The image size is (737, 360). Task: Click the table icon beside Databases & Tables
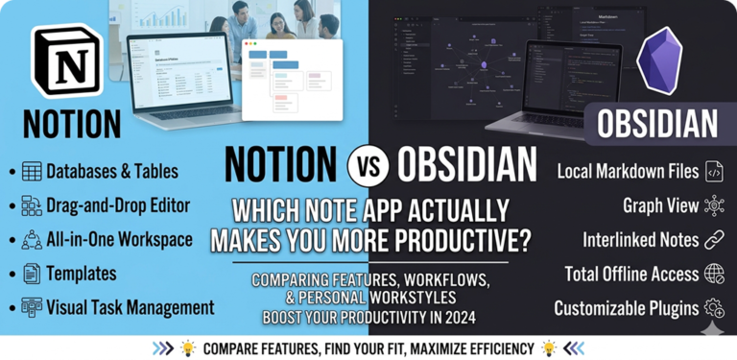coord(32,172)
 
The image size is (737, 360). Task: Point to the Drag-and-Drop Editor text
coord(118,204)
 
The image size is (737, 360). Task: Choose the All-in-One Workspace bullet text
coord(119,239)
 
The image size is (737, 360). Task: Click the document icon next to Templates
coord(32,274)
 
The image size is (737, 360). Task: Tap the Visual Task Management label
coord(131,307)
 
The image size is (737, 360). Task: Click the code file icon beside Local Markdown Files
coord(714,172)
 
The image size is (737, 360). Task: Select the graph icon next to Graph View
coord(714,205)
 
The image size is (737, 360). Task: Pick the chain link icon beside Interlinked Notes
coord(714,240)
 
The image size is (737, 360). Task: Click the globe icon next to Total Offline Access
coord(714,275)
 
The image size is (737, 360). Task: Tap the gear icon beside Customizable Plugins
coord(714,309)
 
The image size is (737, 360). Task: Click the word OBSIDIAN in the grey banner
coord(657,124)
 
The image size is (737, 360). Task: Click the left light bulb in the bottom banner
coord(187,348)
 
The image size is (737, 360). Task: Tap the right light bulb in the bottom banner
coord(549,348)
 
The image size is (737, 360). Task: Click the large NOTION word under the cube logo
coord(65,123)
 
